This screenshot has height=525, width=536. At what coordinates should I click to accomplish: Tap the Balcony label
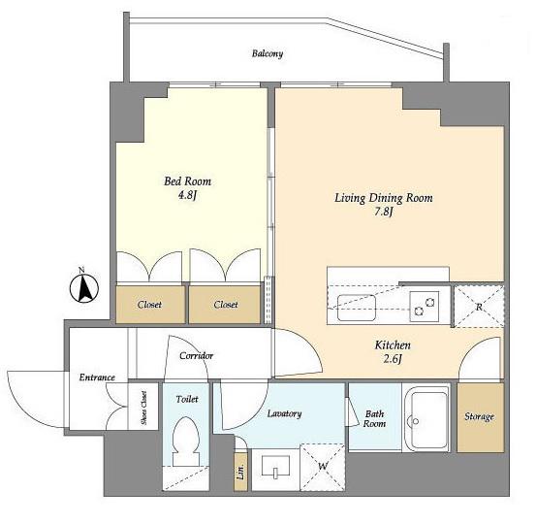(x=268, y=53)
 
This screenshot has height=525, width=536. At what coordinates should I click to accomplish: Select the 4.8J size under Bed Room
(x=187, y=195)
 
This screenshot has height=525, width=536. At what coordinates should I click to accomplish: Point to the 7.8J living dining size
(x=383, y=212)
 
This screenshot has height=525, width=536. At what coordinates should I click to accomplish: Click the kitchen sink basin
(x=357, y=307)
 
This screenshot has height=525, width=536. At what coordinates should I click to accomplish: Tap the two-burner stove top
(x=425, y=307)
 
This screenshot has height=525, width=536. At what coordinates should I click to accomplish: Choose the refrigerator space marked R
(x=479, y=307)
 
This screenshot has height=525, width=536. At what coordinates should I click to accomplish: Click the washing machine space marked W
(x=323, y=467)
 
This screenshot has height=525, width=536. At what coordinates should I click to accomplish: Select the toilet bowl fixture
(x=186, y=442)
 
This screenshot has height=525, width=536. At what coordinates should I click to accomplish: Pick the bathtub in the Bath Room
(x=426, y=419)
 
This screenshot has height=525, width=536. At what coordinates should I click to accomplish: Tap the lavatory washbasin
(x=275, y=466)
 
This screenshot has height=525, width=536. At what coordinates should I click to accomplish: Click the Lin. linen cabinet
(x=241, y=472)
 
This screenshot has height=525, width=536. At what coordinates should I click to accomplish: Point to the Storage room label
(x=479, y=416)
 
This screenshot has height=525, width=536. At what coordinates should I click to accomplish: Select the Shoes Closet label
(x=143, y=408)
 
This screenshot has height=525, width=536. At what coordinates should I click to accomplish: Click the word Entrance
(x=97, y=377)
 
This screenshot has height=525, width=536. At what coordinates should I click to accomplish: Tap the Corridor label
(x=196, y=355)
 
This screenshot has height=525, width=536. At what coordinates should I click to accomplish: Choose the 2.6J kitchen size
(x=393, y=359)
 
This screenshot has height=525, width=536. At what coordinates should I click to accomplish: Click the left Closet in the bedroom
(x=150, y=305)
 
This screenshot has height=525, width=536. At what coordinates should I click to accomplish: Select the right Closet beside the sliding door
(x=225, y=305)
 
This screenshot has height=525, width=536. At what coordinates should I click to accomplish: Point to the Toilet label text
(x=187, y=399)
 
